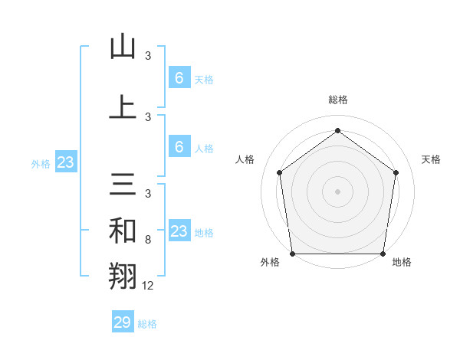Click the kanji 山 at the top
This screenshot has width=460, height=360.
(x=123, y=47)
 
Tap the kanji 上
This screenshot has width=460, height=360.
(x=123, y=107)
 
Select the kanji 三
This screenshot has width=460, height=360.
(x=123, y=185)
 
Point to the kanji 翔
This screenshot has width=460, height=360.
(x=123, y=277)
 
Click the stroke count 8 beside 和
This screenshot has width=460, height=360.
(x=148, y=240)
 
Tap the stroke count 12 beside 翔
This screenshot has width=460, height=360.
(x=148, y=286)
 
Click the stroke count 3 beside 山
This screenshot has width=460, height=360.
(x=148, y=55)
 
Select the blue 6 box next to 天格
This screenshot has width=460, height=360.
(x=179, y=77)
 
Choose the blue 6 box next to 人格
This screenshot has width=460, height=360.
(x=179, y=147)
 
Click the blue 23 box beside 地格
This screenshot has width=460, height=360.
(x=179, y=231)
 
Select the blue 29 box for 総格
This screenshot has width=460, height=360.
(x=123, y=322)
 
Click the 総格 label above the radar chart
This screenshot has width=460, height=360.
(x=337, y=100)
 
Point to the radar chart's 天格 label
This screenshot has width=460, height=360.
(x=431, y=159)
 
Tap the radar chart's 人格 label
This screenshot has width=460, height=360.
(x=245, y=159)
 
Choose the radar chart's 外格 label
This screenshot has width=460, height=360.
(x=270, y=263)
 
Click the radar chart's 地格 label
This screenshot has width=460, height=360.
(x=402, y=263)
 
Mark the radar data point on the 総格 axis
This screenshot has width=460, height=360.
(x=337, y=131)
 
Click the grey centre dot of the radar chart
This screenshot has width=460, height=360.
(x=337, y=191)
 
